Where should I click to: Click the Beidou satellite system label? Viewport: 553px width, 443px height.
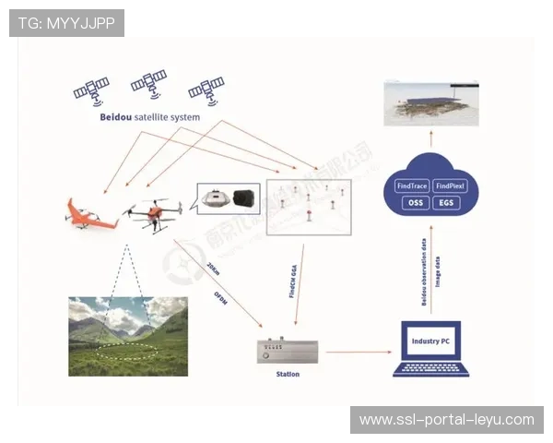[x=149, y=117]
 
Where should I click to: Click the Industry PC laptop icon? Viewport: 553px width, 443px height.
[x=431, y=349]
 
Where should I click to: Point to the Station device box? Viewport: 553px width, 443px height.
[x=288, y=352]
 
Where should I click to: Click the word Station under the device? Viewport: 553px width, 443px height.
[x=288, y=375]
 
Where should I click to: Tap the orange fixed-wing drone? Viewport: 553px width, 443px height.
[x=89, y=214]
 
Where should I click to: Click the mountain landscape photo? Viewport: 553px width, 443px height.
[x=128, y=335]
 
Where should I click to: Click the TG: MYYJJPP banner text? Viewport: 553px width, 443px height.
[x=66, y=23]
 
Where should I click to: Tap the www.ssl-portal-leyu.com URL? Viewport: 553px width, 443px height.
[x=446, y=420]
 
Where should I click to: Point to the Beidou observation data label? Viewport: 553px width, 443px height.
[x=423, y=270]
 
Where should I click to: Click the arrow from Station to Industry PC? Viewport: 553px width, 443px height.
[x=349, y=352]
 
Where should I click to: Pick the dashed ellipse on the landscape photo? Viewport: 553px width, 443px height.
[x=127, y=352]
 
